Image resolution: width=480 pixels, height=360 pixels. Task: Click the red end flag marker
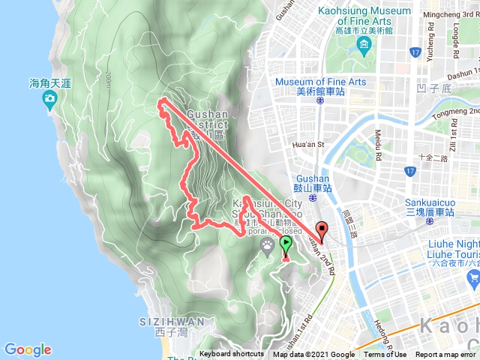tap(322, 230)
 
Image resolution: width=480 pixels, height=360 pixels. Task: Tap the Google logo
tap(28, 349)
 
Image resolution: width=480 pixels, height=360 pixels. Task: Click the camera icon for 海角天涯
tap(49, 103)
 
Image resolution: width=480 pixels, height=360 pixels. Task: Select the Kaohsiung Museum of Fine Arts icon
tap(364, 47)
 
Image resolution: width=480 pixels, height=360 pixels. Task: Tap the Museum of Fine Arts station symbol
tap(320, 99)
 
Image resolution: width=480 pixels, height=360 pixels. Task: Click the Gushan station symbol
tap(312, 199)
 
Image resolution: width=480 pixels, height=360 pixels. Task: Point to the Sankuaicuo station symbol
tap(430, 222)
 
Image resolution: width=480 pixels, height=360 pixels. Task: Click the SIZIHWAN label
tap(172, 322)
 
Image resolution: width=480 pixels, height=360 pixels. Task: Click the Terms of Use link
tap(385, 355)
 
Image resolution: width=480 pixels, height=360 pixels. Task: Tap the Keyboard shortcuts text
tap(231, 355)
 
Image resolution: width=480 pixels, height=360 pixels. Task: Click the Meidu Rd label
tap(378, 143)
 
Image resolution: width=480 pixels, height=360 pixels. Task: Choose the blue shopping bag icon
tap(472, 279)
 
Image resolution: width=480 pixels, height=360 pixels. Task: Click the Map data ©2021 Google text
tap(313, 355)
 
